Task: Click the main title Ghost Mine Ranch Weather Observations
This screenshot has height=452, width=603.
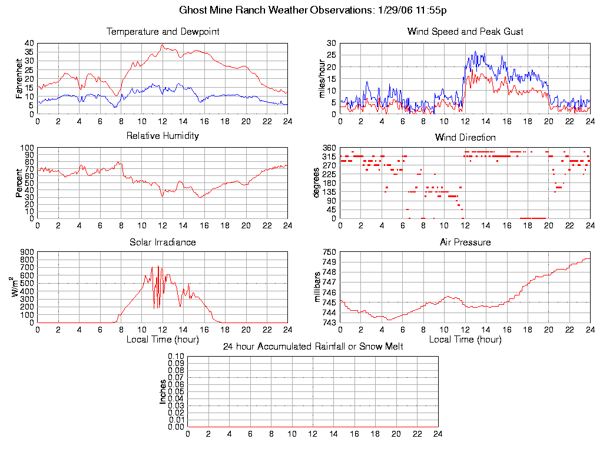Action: click(313, 10)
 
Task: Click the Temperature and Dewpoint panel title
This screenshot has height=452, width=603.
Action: click(163, 32)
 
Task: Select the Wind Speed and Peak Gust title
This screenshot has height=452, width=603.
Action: click(465, 32)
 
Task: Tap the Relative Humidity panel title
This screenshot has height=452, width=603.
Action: click(163, 136)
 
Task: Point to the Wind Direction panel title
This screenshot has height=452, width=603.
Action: click(465, 138)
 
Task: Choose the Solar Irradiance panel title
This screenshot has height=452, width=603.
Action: click(163, 242)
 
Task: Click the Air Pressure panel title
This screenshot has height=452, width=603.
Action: click(465, 242)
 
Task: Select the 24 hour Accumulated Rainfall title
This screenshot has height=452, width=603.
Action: click(313, 347)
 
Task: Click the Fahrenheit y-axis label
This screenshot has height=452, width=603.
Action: click(19, 79)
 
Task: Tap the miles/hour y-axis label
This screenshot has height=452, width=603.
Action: click(322, 79)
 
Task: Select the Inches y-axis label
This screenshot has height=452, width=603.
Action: click(163, 391)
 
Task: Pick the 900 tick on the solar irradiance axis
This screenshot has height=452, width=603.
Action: click(27, 252)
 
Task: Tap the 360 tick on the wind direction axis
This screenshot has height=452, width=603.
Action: click(329, 148)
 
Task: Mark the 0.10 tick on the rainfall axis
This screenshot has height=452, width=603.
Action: click(176, 357)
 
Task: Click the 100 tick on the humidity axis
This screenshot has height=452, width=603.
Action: click(27, 148)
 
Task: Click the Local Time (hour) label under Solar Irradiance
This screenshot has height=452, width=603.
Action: click(163, 339)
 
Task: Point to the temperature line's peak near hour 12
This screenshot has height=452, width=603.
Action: click(163, 45)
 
